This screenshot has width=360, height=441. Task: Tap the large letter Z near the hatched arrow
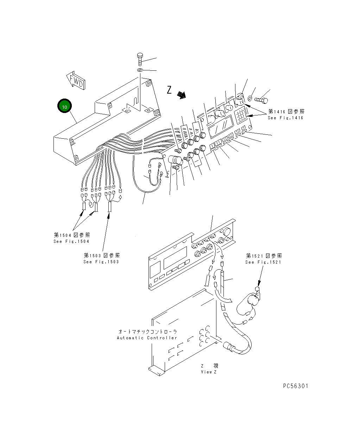(x=169, y=90)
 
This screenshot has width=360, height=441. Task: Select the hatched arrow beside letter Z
(x=181, y=95)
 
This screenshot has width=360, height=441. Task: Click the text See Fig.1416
(x=285, y=118)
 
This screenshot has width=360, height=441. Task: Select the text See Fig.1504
(x=71, y=241)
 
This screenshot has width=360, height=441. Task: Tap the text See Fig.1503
(x=101, y=262)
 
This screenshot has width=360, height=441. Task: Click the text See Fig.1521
(x=263, y=262)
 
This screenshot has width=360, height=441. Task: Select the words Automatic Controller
(x=147, y=338)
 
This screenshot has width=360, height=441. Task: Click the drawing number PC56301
(x=295, y=386)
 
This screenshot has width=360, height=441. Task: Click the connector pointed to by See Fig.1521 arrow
(x=257, y=290)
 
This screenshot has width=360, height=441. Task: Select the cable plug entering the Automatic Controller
(x=229, y=347)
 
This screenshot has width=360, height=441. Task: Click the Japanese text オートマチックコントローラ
(x=147, y=332)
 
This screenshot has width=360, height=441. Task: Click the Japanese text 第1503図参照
(x=101, y=256)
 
